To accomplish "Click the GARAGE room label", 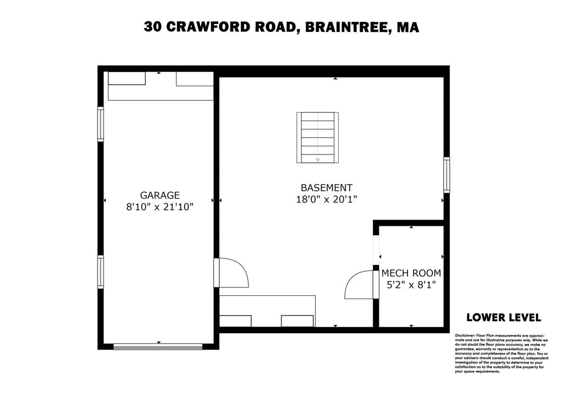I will point(159,195).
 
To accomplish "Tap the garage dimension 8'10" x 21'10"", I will point(159,207).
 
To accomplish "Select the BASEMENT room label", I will point(327,187).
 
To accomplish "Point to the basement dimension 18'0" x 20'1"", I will point(327,199).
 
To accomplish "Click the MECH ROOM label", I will point(411,273).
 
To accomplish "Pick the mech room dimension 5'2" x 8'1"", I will point(411,285).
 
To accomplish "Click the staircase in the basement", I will point(317,137).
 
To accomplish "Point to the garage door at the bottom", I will point(158,346).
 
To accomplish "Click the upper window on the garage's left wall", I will point(101,124).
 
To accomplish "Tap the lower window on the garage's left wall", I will point(101,272).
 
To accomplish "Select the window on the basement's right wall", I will point(446,175).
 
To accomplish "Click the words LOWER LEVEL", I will point(503,317).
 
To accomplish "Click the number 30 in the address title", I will point(153,27).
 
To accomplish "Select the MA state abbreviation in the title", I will point(407,27).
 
